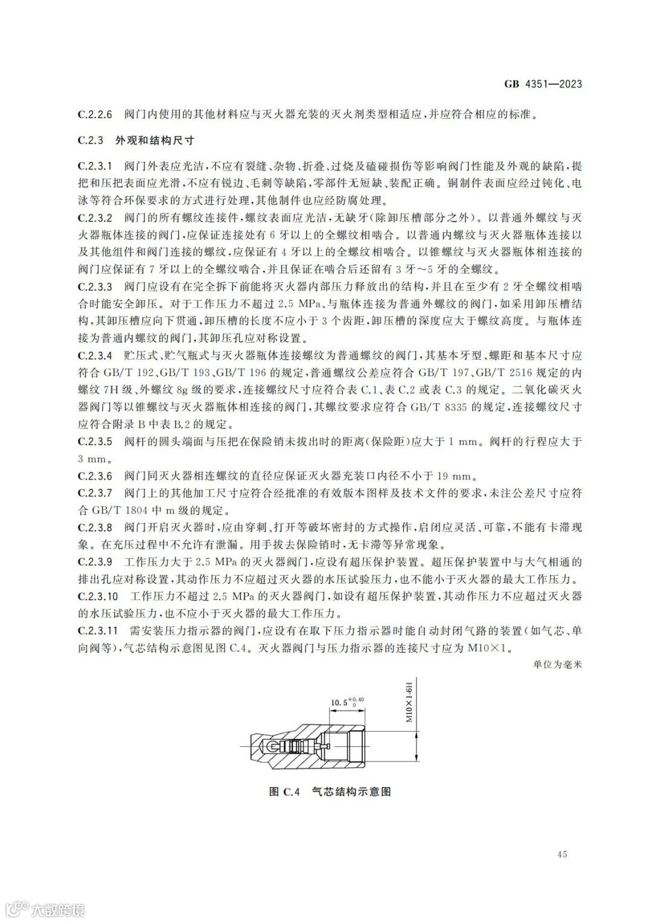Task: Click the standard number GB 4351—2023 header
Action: tap(543, 84)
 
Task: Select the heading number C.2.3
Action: tap(91, 141)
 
